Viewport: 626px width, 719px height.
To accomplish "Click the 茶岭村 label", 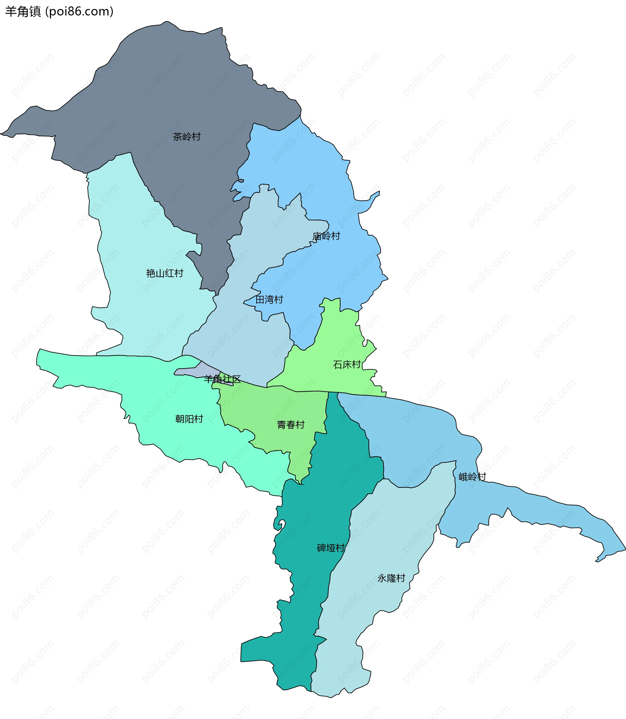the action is click(x=186, y=137).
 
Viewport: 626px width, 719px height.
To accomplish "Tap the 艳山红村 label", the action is click(x=165, y=273).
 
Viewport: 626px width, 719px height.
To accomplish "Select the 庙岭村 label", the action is click(x=326, y=236).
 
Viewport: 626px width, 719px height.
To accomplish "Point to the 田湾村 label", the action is click(x=269, y=300).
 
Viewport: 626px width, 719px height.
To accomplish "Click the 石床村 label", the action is click(x=347, y=365).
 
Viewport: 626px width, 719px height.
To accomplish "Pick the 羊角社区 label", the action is click(x=222, y=379).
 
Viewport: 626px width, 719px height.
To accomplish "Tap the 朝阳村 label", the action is click(x=189, y=419).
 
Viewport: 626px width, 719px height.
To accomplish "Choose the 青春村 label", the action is click(x=291, y=425).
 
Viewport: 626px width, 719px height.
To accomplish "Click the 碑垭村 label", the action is click(x=331, y=548).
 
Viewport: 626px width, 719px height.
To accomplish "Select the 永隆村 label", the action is click(x=391, y=578).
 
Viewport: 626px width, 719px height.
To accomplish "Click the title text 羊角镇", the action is click(x=23, y=11).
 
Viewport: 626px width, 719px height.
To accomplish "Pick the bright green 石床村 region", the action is click(x=335, y=335).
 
